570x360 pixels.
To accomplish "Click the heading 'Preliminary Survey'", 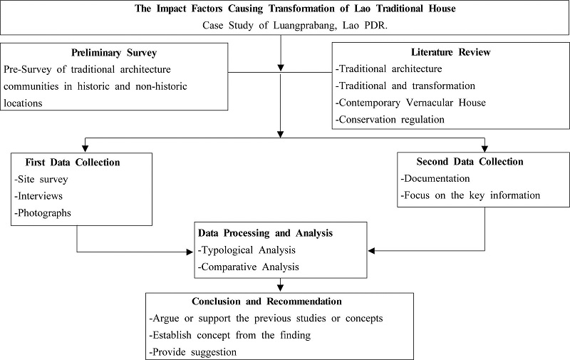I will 114,53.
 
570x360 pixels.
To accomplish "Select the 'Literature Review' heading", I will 451,53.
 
